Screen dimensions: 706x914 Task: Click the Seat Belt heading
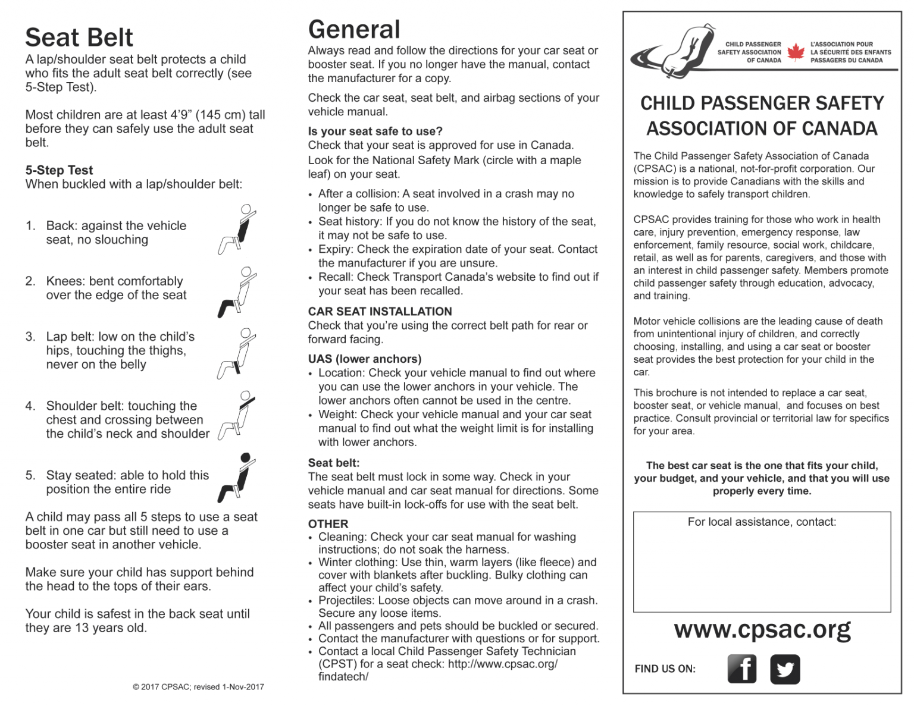coord(79,37)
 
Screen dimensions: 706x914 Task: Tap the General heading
coord(354,29)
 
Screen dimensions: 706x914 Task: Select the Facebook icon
coord(742,669)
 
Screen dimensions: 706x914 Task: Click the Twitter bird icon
coord(785,669)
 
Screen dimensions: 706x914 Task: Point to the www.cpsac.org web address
coord(762,629)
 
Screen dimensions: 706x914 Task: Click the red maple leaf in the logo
coord(796,52)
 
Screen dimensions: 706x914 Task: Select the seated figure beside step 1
coord(237,229)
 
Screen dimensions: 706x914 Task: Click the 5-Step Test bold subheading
coord(59,170)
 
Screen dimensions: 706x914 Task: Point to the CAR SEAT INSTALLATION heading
coord(380,311)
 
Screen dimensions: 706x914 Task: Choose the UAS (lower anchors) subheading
coord(364,359)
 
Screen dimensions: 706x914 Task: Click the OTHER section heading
coord(328,524)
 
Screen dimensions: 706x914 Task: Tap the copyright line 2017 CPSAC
coord(198,687)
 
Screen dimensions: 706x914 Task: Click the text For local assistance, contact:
coord(762,522)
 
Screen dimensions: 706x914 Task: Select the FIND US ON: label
coord(665,669)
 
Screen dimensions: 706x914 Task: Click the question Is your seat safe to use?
coord(375,131)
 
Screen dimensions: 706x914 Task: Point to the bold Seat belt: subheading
coord(333,463)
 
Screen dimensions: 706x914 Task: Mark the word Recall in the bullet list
coord(334,277)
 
